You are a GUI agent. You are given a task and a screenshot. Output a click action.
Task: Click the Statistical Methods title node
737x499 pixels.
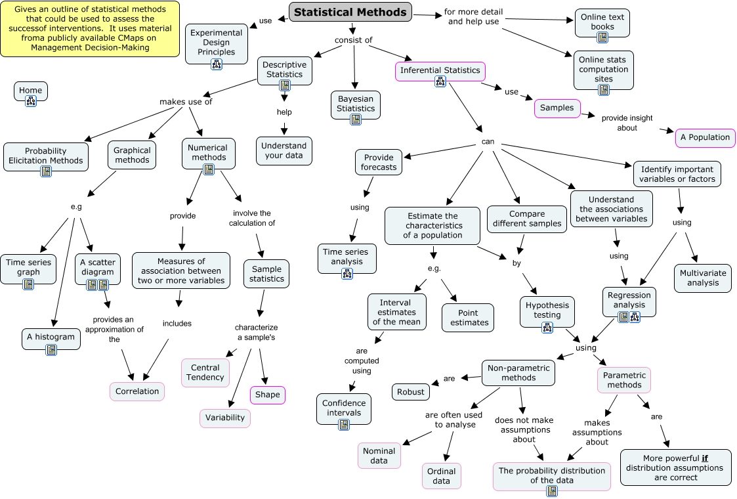point(351,12)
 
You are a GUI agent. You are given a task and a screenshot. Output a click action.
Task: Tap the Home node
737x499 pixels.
point(30,91)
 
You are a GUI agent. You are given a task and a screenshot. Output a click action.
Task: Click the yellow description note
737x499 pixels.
point(90,28)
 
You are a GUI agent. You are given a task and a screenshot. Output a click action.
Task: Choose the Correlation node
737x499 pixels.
point(137,391)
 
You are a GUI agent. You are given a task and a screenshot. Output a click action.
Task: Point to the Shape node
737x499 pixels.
point(267,395)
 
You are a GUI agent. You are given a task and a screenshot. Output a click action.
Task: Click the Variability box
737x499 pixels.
point(225,418)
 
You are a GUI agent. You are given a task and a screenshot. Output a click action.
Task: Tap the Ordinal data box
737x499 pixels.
point(441,476)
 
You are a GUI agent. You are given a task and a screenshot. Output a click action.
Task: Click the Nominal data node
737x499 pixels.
point(379,456)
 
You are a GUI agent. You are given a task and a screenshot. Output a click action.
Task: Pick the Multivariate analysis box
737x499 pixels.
point(704,278)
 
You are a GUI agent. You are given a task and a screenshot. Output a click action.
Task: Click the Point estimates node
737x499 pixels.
point(469,318)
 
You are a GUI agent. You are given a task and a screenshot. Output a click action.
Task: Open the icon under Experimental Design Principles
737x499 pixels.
point(217,64)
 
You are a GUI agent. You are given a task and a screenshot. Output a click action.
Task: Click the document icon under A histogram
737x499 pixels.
point(51,350)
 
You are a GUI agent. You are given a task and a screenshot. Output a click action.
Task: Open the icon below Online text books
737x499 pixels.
point(602,37)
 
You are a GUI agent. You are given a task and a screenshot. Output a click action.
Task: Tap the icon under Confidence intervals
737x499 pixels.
point(344,424)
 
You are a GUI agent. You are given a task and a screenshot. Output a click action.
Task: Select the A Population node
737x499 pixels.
point(705,137)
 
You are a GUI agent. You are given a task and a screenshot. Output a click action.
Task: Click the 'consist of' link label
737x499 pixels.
point(353,40)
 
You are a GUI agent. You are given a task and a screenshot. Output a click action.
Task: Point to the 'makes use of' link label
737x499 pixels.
point(186,102)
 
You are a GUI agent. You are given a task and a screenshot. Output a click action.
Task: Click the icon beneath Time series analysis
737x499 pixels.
point(347,273)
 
